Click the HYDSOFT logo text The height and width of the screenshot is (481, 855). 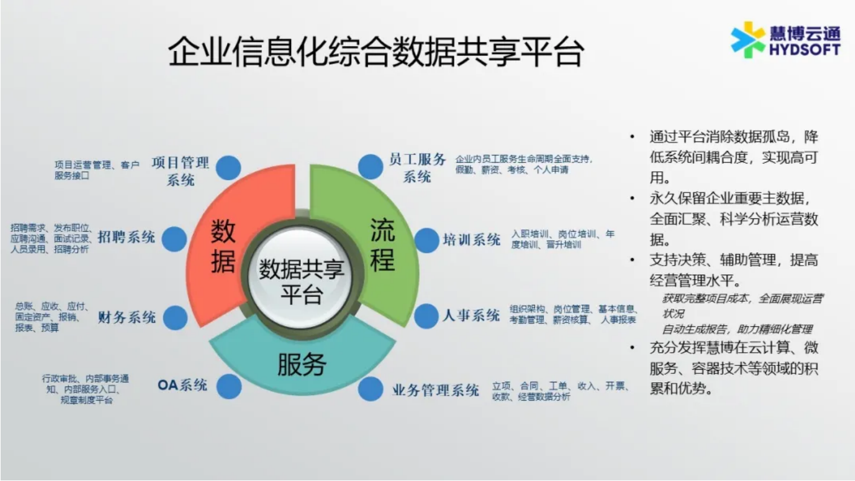point(805,50)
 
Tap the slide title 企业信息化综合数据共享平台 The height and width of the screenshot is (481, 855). point(376,52)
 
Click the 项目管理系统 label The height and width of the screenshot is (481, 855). point(180,171)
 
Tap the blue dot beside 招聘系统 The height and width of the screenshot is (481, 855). point(174,240)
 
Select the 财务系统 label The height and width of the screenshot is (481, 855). point(126,317)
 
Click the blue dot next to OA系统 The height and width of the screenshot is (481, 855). point(229,387)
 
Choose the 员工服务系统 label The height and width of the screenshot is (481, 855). point(417,168)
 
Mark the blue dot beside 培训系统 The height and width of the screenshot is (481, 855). point(427,241)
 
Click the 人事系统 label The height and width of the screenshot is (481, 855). point(471,315)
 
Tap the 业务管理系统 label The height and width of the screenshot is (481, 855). point(436,390)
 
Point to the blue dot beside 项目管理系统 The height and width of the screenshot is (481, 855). point(228,168)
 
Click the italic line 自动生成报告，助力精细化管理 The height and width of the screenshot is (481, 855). point(736,329)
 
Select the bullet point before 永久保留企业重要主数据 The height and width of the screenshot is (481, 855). point(632,198)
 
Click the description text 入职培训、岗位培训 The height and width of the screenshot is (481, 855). point(554,234)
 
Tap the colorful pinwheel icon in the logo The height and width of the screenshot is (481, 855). point(748,40)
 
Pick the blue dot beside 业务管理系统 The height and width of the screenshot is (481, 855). point(371,389)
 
